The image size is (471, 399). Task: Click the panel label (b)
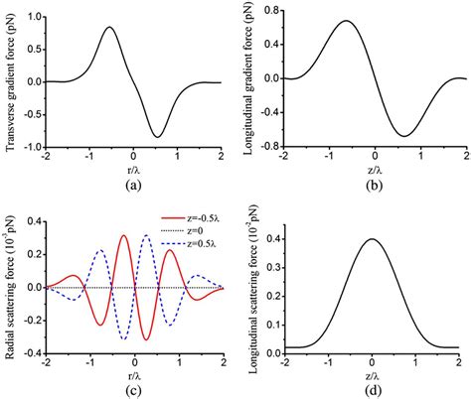click(376, 185)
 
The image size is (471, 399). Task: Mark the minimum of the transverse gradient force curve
click(157, 136)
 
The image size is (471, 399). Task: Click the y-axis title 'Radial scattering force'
click(12, 288)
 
